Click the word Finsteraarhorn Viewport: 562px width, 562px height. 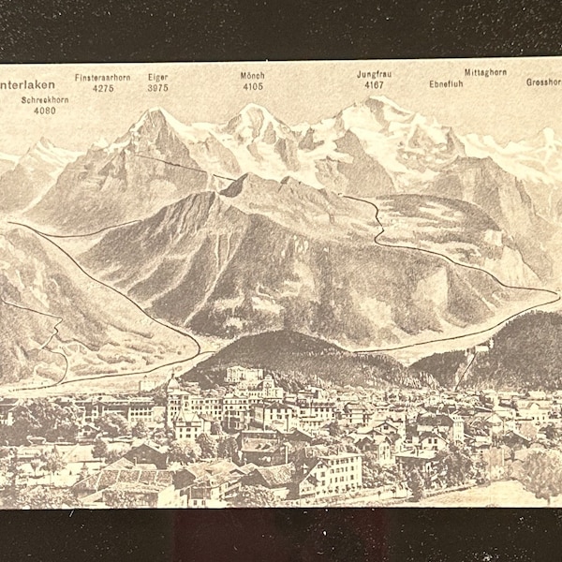pos(103,77)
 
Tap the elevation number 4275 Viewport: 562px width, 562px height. pos(103,88)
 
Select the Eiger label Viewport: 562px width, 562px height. pos(157,77)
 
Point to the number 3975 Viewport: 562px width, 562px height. pos(157,88)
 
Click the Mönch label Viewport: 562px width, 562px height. pos(252,76)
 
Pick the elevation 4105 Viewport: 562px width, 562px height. pos(252,87)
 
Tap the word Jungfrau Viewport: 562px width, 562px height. pos(374,74)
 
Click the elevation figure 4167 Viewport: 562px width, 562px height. pos(374,85)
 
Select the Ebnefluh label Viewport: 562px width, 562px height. pos(447,83)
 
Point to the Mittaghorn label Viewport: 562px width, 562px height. pos(486,72)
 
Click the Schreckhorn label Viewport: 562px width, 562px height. pos(45,98)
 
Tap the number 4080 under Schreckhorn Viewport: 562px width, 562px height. pos(45,111)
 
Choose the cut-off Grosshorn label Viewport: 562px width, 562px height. pos(543,81)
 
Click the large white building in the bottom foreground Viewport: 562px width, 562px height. pos(330,468)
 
